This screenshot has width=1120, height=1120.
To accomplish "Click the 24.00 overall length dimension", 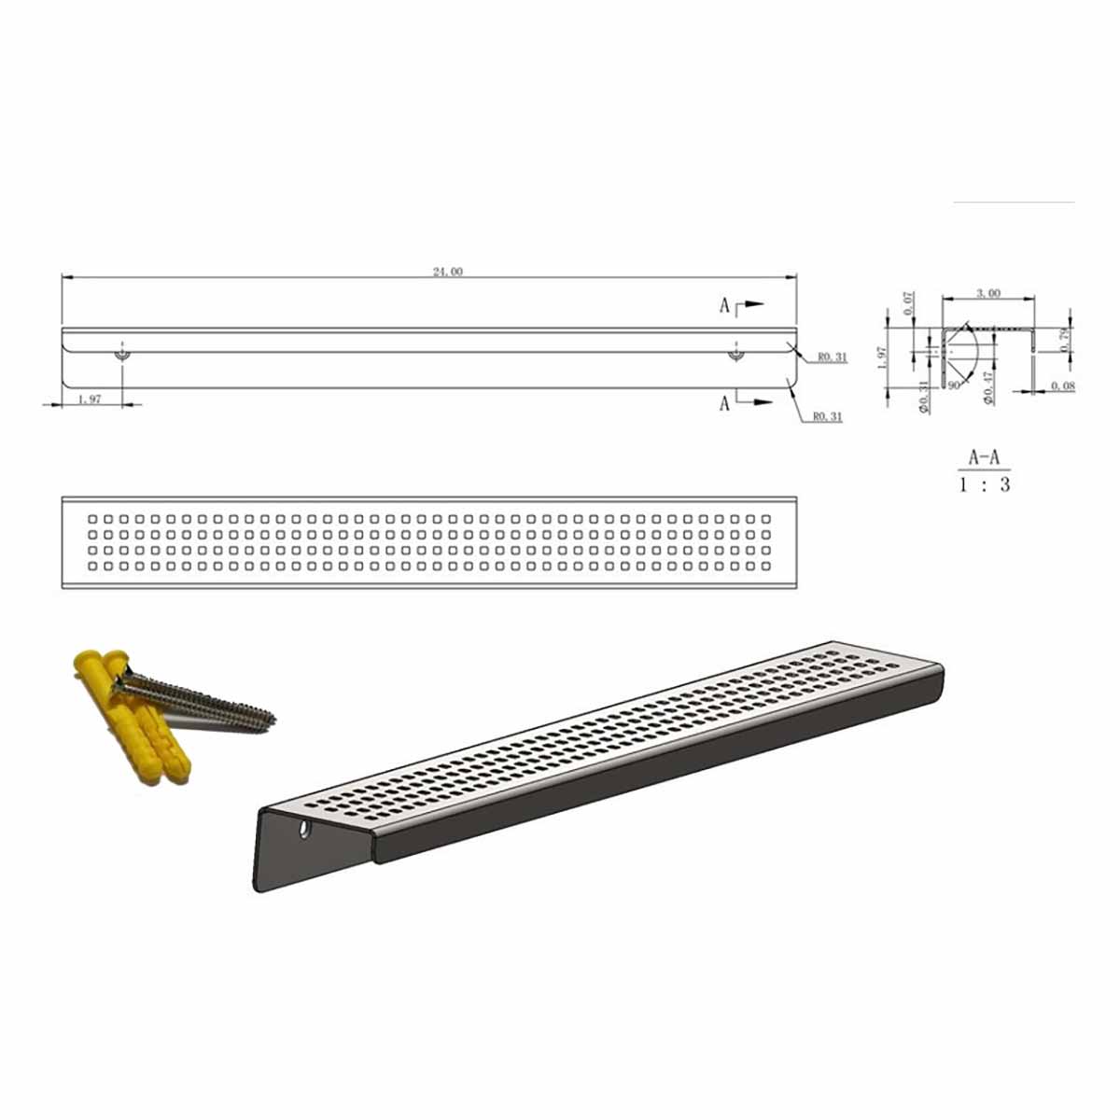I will click(x=447, y=272).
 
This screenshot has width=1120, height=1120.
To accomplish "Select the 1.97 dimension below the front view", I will click(x=90, y=399).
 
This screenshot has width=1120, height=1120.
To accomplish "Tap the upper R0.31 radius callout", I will click(x=831, y=357).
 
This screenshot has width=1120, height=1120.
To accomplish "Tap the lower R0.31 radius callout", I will click(x=827, y=416).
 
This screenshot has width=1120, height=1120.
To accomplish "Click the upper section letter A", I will click(x=724, y=305).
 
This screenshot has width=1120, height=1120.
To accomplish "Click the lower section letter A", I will click(x=724, y=404).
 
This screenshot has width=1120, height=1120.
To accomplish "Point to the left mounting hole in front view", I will click(x=122, y=355).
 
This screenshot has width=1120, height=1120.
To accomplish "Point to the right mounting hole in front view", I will click(x=735, y=355).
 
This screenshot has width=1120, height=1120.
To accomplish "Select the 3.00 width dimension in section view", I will click(x=987, y=293).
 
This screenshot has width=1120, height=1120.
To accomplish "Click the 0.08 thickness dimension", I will click(x=1062, y=385).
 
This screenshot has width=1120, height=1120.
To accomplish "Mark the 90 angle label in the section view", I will click(x=953, y=384).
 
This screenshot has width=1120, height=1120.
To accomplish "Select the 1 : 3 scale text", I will click(x=985, y=485).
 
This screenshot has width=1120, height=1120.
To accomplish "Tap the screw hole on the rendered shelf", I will click(x=304, y=829).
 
